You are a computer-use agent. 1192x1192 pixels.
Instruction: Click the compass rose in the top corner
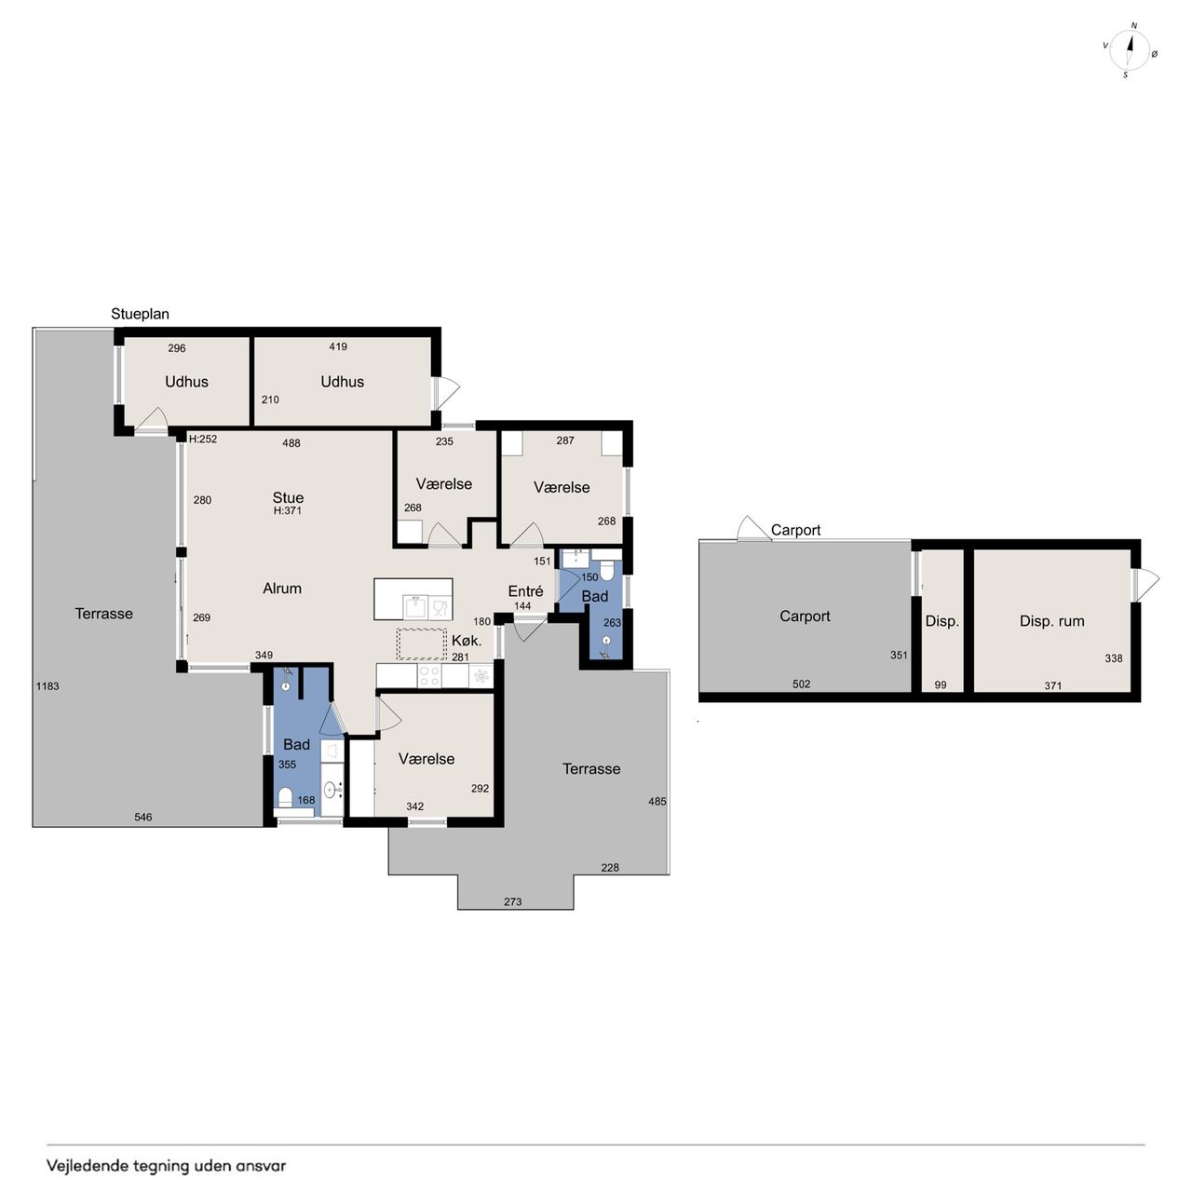tap(1130, 51)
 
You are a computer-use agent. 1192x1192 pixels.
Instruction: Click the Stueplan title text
tap(140, 314)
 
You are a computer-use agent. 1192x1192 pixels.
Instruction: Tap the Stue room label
tap(288, 497)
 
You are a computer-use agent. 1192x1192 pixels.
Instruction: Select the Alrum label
tap(282, 589)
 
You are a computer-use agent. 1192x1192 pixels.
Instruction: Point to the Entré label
tap(525, 590)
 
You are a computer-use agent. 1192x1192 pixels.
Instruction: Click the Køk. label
tap(467, 640)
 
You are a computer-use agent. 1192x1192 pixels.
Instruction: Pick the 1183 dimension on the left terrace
tap(47, 685)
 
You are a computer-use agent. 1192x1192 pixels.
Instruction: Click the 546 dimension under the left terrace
tap(142, 817)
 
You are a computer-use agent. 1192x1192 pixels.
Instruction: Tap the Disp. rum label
tap(1051, 621)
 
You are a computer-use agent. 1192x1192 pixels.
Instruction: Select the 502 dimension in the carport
tap(801, 684)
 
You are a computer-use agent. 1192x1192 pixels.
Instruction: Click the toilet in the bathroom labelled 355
tap(285, 797)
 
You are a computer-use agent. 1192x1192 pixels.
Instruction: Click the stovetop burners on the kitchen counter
tap(429, 675)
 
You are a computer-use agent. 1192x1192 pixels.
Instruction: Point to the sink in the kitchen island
tap(414, 607)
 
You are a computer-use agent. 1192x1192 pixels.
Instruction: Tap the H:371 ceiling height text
tap(288, 511)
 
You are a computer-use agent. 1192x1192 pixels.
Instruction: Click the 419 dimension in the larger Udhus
tap(338, 346)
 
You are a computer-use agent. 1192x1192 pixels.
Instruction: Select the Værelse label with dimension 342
tap(427, 758)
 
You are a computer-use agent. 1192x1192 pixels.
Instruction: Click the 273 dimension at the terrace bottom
tap(513, 901)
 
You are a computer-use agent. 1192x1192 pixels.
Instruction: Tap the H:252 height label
tap(203, 440)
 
